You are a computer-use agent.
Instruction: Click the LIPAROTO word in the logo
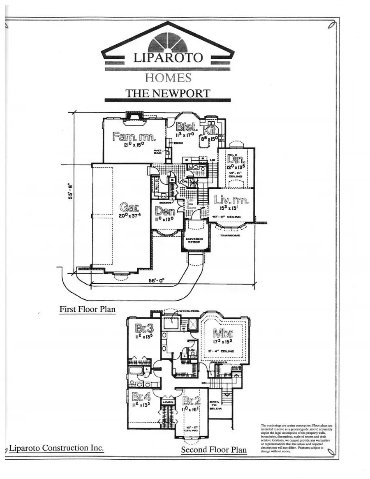pyautogui.click(x=168, y=57)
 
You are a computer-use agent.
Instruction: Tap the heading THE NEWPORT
pyautogui.click(x=167, y=93)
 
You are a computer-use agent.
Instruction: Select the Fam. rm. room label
pyautogui.click(x=128, y=137)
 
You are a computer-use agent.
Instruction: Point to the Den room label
pyautogui.click(x=165, y=212)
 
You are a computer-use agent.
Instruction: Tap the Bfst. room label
pyautogui.click(x=187, y=127)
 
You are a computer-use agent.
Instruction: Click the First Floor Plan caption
pyautogui.click(x=87, y=309)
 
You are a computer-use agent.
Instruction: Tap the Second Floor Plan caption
pyautogui.click(x=214, y=450)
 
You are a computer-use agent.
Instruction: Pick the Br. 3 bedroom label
pyautogui.click(x=144, y=328)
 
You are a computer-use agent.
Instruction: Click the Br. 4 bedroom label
pyautogui.click(x=141, y=397)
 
